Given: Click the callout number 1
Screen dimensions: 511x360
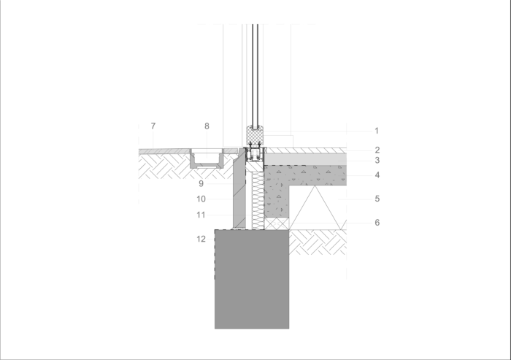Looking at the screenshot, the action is pos(377,131).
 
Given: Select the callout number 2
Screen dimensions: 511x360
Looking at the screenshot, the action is pos(377,150).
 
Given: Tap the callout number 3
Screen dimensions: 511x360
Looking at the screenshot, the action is pos(377,161).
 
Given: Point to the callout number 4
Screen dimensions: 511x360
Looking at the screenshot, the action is pos(377,175).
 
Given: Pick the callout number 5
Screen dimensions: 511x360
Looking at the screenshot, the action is pos(377,199).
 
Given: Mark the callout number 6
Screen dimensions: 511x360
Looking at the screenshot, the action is pos(377,223).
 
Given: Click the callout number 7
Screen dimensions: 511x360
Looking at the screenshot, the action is pos(153,126).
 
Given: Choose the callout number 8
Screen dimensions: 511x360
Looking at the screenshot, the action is pos(207,126).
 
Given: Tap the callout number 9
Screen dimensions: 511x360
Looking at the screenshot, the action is pos(201,183).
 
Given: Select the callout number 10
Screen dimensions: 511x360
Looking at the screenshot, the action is pos(201,199).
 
